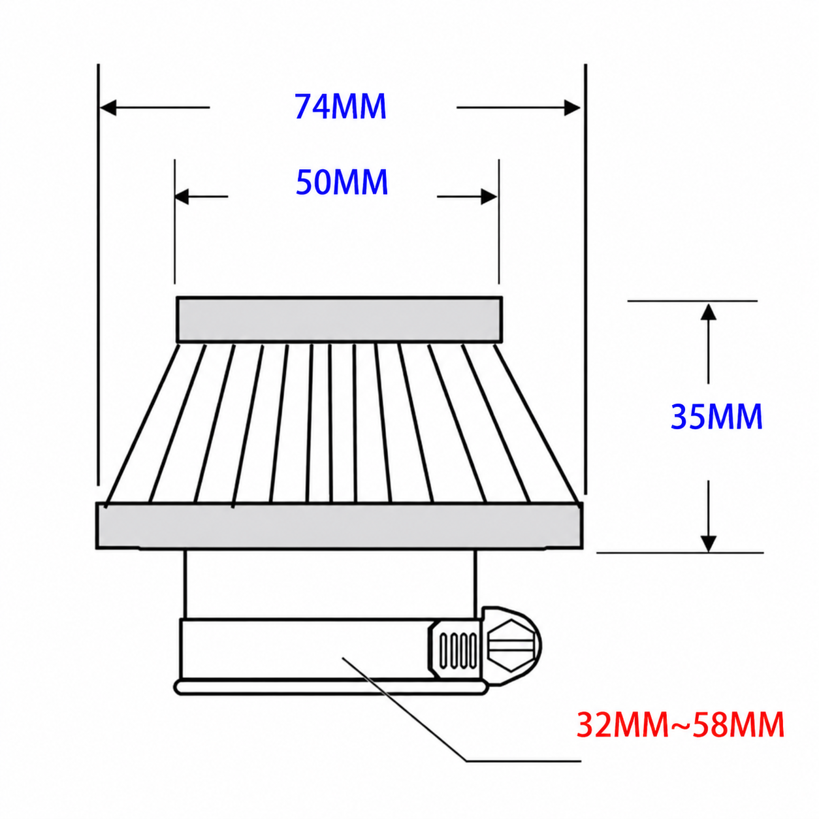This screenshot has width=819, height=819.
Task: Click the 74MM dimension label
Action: click(340, 106)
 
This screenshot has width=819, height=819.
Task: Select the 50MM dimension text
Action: click(342, 182)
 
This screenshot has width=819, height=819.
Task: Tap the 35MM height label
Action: click(716, 417)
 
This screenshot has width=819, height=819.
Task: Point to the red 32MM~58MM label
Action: click(680, 725)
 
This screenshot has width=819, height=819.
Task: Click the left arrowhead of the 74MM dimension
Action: click(108, 108)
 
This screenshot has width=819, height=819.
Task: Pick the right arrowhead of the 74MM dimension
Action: click(572, 108)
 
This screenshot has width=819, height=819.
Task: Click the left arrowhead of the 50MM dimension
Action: click(182, 197)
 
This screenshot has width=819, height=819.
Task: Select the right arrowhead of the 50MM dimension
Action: click(489, 197)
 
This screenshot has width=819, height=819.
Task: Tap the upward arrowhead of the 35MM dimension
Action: click(708, 312)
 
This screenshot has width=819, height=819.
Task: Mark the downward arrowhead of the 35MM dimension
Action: click(708, 543)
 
